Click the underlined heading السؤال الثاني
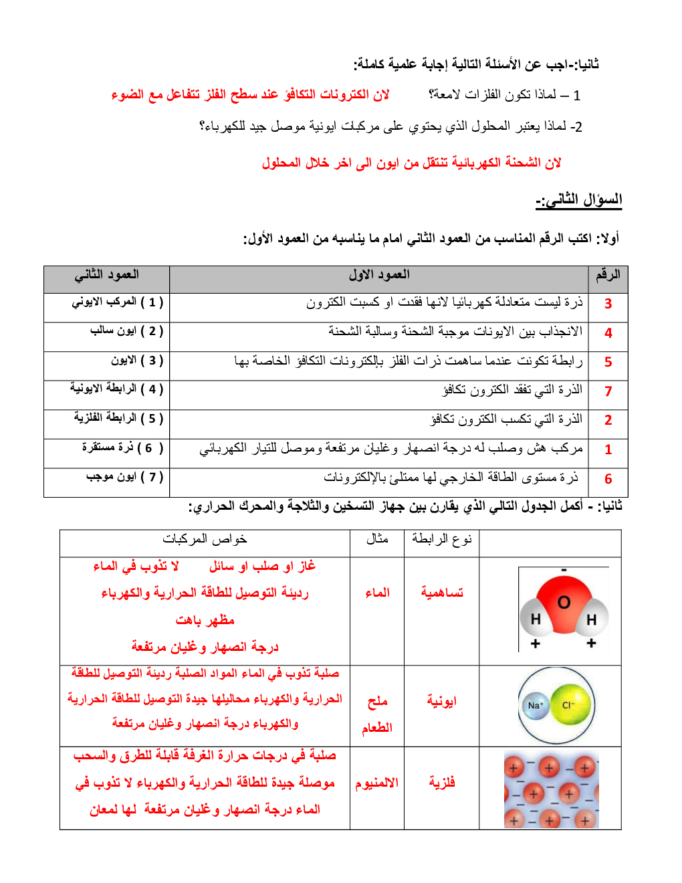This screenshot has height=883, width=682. (579, 199)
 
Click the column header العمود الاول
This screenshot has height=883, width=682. (379, 275)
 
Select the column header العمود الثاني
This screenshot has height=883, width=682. (107, 275)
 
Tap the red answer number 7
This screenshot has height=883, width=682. (608, 391)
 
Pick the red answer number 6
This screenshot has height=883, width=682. (608, 479)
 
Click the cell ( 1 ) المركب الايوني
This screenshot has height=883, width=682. (118, 302)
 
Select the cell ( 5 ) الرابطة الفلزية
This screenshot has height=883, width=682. (118, 418)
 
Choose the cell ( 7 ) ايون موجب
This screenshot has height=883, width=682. (125, 477)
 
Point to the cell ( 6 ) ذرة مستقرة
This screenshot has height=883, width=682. (122, 448)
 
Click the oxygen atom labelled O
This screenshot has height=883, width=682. (564, 602)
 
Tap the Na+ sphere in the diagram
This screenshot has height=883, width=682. (536, 705)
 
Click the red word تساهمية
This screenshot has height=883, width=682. (442, 593)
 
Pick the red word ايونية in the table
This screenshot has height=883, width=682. (442, 701)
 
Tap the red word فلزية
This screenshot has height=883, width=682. (442, 783)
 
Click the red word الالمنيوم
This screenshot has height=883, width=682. (377, 783)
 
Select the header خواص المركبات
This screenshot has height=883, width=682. (205, 539)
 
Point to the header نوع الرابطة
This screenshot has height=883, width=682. (442, 539)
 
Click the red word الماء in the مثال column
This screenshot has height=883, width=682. (377, 593)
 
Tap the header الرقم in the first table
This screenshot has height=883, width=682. (608, 275)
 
